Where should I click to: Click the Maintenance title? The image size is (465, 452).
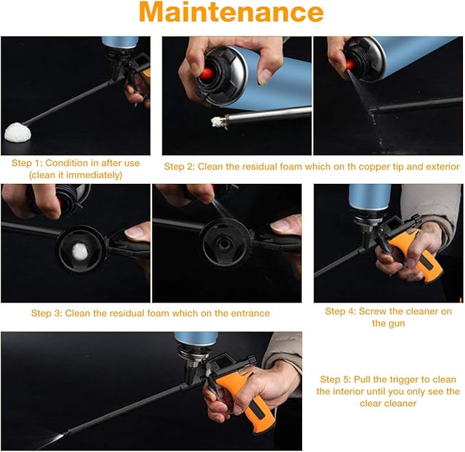[231, 12]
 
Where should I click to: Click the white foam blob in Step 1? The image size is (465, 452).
[18, 132]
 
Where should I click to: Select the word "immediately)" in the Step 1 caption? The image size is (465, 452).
[94, 175]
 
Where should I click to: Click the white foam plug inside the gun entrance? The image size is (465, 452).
[80, 251]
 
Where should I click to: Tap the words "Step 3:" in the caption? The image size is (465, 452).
[47, 313]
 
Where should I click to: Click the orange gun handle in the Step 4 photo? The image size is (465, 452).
[418, 255]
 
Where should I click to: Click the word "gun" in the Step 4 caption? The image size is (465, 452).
[397, 324]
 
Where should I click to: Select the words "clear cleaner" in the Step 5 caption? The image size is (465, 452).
[388, 403]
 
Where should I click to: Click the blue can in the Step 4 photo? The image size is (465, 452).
[370, 197]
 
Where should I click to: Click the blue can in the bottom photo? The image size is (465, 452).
[197, 339]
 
